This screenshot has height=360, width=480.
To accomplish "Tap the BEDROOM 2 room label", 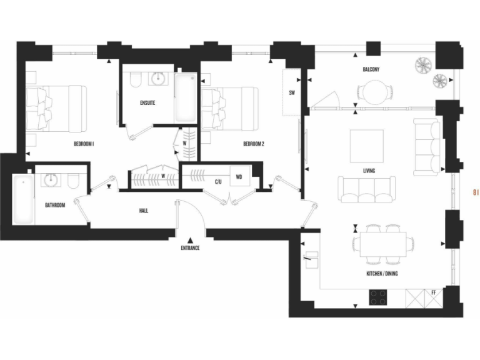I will (x=254, y=144).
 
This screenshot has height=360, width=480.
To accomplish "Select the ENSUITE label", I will (x=147, y=102).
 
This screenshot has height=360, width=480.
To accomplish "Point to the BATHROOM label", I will (x=55, y=204).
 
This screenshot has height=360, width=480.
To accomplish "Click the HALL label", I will (x=144, y=211).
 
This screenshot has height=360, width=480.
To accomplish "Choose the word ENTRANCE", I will (x=190, y=248).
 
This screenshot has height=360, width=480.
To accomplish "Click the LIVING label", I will (x=369, y=170).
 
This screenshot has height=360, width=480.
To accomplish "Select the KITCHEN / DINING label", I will (x=382, y=274).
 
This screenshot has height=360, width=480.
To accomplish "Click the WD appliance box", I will (x=239, y=176).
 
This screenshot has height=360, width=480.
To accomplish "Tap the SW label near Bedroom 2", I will (x=292, y=93).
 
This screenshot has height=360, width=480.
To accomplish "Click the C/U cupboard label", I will (x=218, y=182).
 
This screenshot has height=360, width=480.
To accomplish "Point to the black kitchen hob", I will (x=378, y=297).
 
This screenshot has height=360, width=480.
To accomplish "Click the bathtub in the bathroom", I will (x=22, y=199).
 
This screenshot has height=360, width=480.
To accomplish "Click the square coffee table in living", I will (x=367, y=146).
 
